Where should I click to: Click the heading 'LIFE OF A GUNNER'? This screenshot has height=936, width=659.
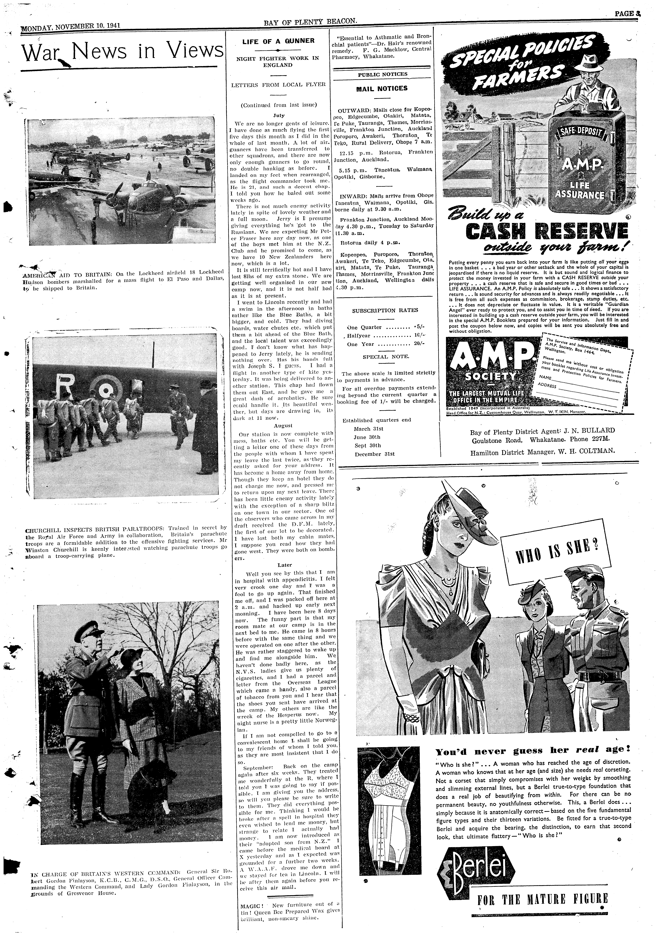278,41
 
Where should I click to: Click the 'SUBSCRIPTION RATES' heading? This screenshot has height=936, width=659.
385,310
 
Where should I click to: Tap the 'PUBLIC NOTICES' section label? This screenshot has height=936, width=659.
382,74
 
